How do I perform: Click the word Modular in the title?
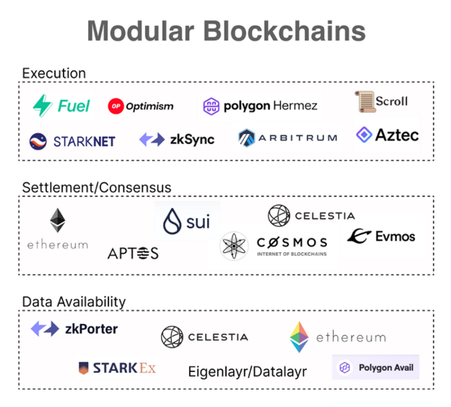pos(141,31)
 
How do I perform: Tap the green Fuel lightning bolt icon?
pos(43,105)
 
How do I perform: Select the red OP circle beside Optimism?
pos(116,106)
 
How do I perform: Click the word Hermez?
pos(295,105)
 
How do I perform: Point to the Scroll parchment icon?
pos(365,102)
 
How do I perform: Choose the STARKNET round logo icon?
pos(38,142)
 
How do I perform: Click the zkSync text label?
pos(192,140)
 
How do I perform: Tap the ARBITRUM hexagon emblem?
pos(246,138)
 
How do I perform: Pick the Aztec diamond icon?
pos(364,134)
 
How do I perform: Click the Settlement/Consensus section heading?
pos(97,188)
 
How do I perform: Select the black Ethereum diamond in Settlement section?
pos(57,220)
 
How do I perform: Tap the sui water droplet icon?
pos(172,221)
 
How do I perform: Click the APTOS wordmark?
pos(133,253)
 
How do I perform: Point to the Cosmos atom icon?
pos(234,246)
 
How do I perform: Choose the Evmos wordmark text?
pos(395,237)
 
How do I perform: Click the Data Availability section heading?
pos(74,302)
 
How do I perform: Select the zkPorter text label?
pos(92,329)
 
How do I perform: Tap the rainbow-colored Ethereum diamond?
pos(299,337)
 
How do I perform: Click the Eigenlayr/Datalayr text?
pos(247,371)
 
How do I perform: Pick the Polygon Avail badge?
pos(376,367)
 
